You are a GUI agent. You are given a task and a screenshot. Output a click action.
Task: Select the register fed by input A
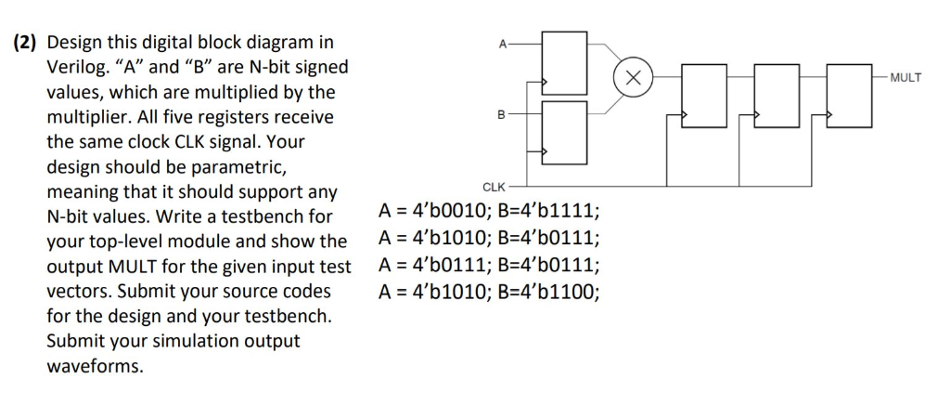coord(564,62)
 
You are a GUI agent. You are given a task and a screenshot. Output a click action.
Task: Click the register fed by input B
coord(564,133)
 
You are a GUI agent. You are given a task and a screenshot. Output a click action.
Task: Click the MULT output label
coord(905,77)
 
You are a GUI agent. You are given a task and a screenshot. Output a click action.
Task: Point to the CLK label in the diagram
coord(494,187)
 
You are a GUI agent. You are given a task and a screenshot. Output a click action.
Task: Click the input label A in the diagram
coord(502,43)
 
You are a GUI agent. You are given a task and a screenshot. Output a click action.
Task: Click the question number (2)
coord(25,43)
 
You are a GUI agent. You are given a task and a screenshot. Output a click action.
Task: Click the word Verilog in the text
coord(75,68)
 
